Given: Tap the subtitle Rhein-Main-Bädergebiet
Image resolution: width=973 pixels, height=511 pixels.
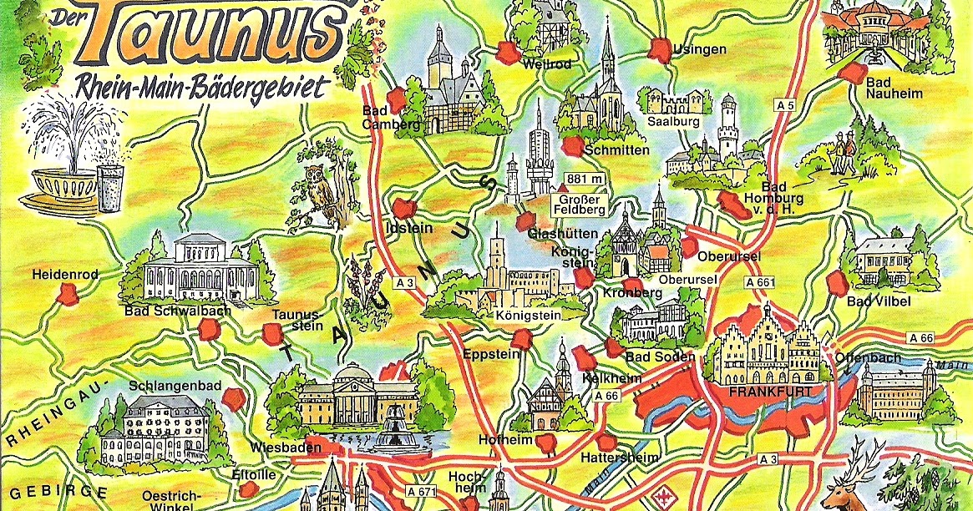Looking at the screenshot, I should pos(201,87).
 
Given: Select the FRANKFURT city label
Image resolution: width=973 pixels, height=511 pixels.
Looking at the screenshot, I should pos(758,391).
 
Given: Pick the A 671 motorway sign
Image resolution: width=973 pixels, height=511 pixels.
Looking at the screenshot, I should pos(422,491).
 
